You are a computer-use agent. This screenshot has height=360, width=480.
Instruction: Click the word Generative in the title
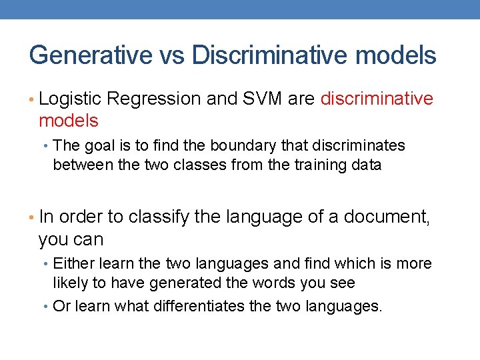point(91,55)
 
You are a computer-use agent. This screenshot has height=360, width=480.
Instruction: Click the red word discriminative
point(377,99)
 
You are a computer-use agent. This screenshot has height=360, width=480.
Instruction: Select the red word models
point(69,121)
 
